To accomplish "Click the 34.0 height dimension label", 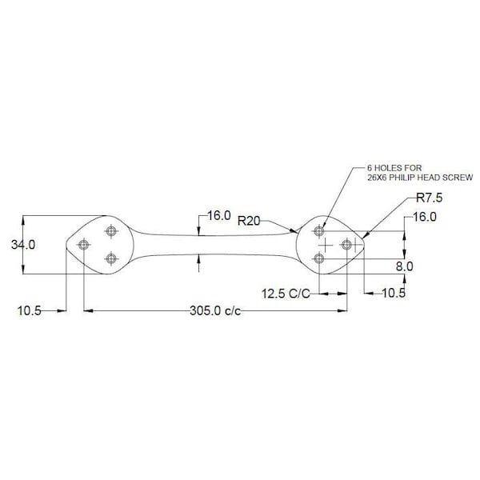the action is coord(23,245).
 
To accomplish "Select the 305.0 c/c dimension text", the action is coord(215,310).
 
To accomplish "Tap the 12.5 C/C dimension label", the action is coord(286,294).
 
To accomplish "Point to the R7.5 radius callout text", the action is coord(430,198).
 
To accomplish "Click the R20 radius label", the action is coord(249,221).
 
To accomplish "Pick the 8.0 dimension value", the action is coord(404,266).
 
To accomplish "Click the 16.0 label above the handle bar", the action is coord(219,215).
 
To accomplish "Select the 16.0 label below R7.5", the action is coord(425,217).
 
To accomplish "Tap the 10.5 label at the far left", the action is coord(29,311).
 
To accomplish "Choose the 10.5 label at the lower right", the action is coord(394,294).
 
